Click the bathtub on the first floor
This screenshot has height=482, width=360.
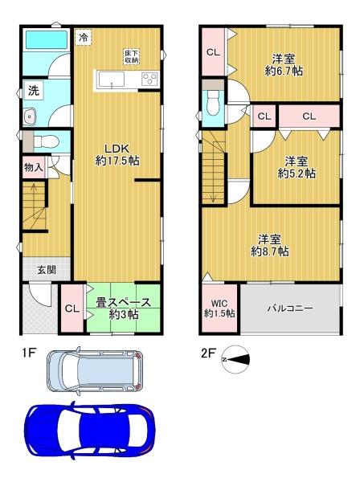(47, 39)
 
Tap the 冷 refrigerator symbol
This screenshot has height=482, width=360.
(83, 38)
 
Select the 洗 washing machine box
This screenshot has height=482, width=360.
(34, 90)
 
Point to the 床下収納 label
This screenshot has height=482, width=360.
(132, 56)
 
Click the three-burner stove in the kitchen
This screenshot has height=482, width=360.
(150, 78)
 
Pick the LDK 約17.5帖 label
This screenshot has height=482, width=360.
(117, 154)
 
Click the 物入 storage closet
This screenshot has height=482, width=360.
(34, 168)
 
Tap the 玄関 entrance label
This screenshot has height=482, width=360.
(47, 270)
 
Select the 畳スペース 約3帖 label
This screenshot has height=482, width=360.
(123, 308)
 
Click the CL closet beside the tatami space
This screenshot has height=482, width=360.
(72, 308)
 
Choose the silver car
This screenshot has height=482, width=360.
(95, 370)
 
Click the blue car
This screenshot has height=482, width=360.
(89, 430)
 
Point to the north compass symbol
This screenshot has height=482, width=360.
(235, 359)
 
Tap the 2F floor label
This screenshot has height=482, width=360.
(208, 353)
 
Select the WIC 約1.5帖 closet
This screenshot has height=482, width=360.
(219, 308)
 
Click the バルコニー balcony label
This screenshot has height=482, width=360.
(290, 308)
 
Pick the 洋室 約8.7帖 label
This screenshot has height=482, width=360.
(270, 246)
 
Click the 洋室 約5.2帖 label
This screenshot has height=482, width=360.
(297, 168)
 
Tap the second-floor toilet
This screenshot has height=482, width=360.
(213, 103)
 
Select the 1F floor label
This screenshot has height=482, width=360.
(29, 353)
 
